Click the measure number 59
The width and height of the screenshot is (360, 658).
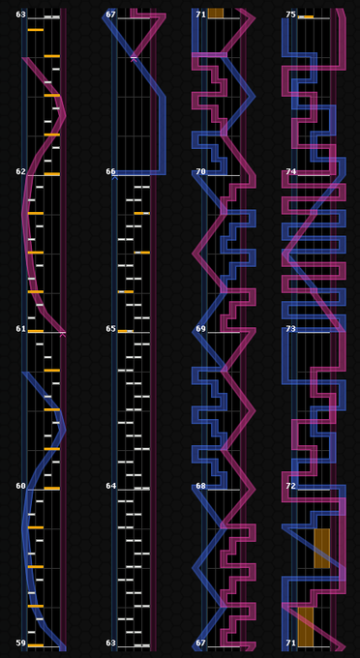21,643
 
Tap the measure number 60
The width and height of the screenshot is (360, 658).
21,486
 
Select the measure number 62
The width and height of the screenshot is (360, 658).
21,171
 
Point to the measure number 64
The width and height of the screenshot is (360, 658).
110,486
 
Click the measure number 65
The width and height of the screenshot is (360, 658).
110,328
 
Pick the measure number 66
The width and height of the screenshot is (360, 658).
110,171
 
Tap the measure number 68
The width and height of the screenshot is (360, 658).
201,486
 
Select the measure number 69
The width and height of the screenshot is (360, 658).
201,328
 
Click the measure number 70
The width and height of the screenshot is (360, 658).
201,171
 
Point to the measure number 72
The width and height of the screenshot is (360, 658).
290,486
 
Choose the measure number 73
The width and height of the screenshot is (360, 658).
290,328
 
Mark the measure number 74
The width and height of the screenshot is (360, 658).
290,171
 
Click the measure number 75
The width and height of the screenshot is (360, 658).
290,15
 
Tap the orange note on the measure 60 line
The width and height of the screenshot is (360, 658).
52,489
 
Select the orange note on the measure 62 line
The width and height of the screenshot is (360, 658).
52,174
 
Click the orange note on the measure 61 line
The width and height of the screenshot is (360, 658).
36,331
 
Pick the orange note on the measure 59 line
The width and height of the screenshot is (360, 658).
36,645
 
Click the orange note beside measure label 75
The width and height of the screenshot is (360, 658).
309,16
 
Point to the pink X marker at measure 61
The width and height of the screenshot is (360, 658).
63,335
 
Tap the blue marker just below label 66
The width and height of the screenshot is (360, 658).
114,178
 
